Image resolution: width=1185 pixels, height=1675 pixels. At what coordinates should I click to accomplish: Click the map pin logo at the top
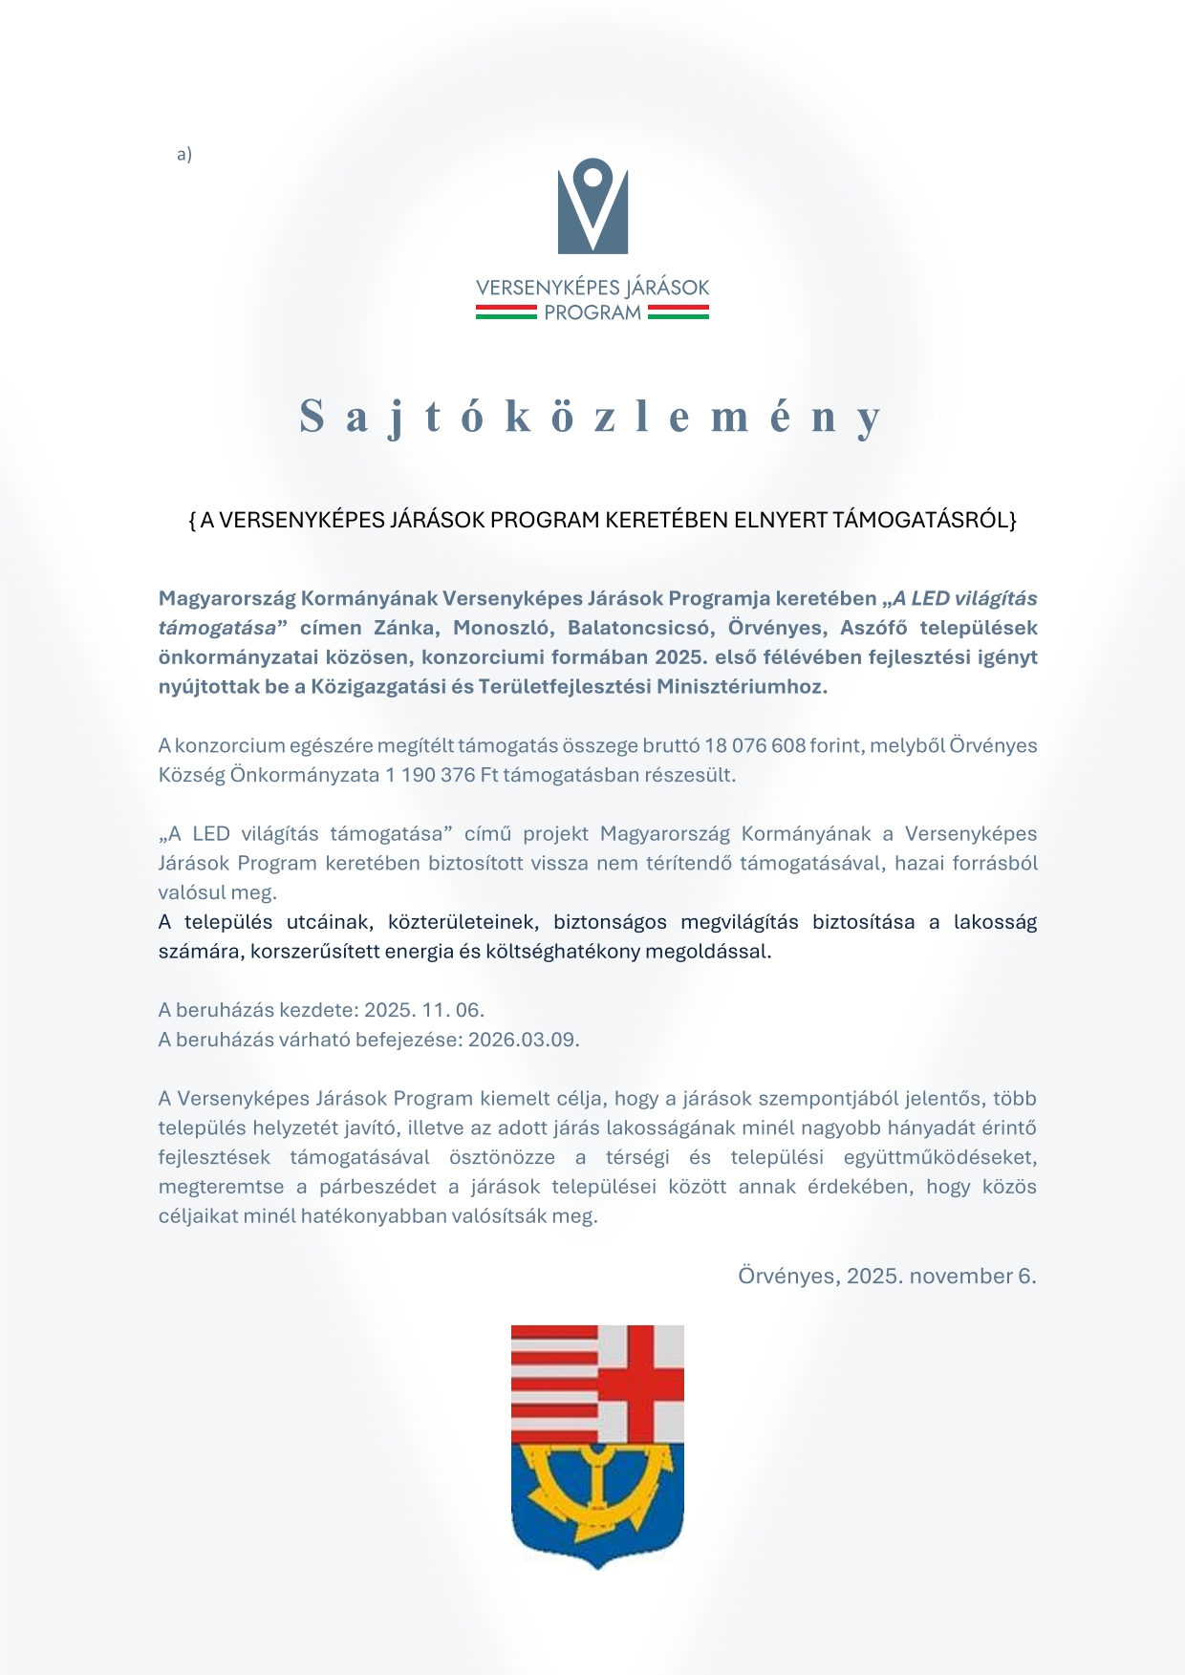pos(592,205)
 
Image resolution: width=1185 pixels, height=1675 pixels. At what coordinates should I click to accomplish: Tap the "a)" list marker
pos(184,154)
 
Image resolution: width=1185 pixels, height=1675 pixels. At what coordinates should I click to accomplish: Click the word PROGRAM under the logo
pos(592,312)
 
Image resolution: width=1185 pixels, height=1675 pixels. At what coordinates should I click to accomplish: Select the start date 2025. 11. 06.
pos(424,1010)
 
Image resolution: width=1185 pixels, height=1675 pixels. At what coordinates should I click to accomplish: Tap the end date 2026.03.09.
pos(524,1040)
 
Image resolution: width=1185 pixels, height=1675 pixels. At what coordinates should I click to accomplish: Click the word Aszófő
pos(873,628)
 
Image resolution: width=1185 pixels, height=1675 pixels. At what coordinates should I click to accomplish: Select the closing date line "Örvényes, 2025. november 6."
pos(887,1276)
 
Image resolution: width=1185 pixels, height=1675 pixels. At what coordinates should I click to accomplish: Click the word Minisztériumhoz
pos(741,687)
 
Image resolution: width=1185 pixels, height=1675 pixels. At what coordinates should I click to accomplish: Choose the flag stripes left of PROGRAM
pos(506,312)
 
